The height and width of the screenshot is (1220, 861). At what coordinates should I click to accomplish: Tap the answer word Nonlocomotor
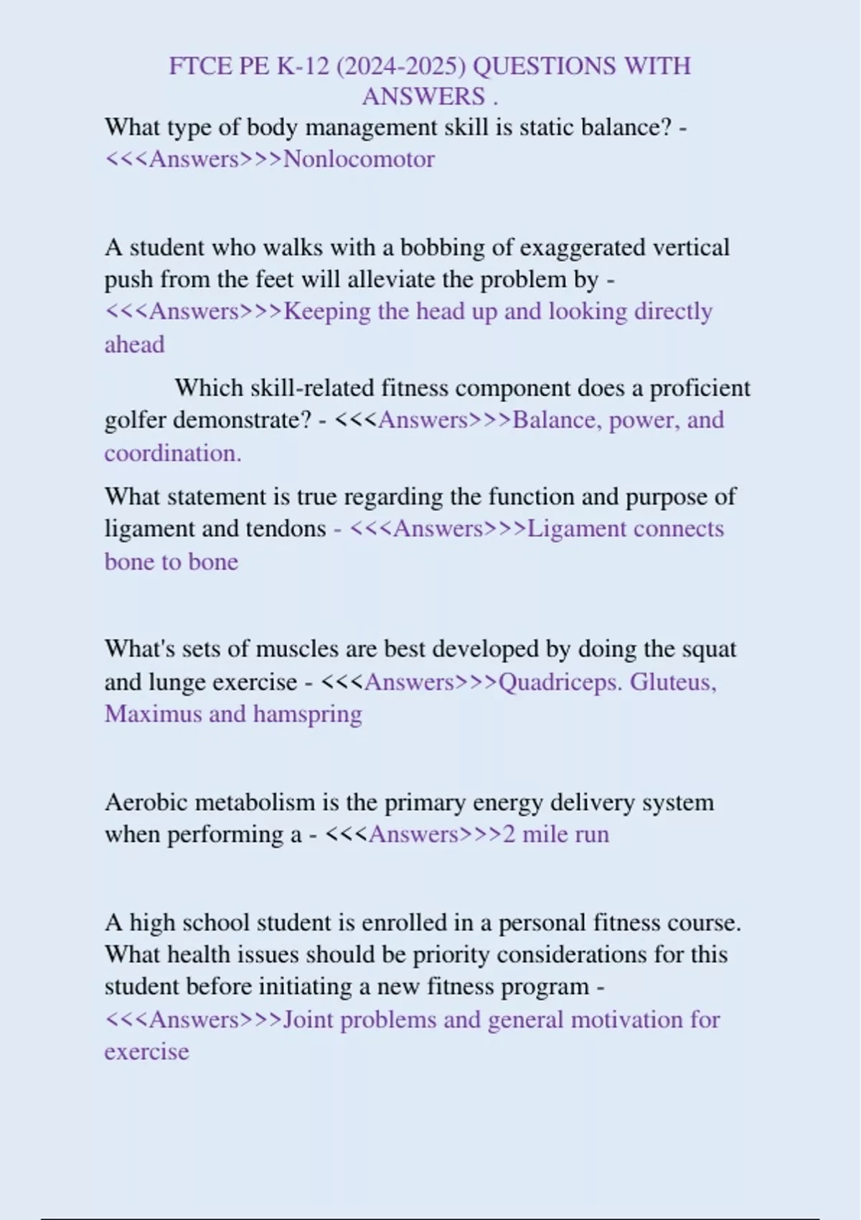[359, 159]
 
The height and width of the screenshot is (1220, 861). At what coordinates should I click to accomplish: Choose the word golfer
[135, 420]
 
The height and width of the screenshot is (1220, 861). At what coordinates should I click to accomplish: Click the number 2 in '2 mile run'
[509, 835]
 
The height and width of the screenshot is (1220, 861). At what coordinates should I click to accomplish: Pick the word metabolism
[255, 802]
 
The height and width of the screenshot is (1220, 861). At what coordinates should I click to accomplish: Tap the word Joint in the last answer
[309, 1020]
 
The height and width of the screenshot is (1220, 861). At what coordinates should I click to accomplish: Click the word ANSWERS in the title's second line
[423, 97]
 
